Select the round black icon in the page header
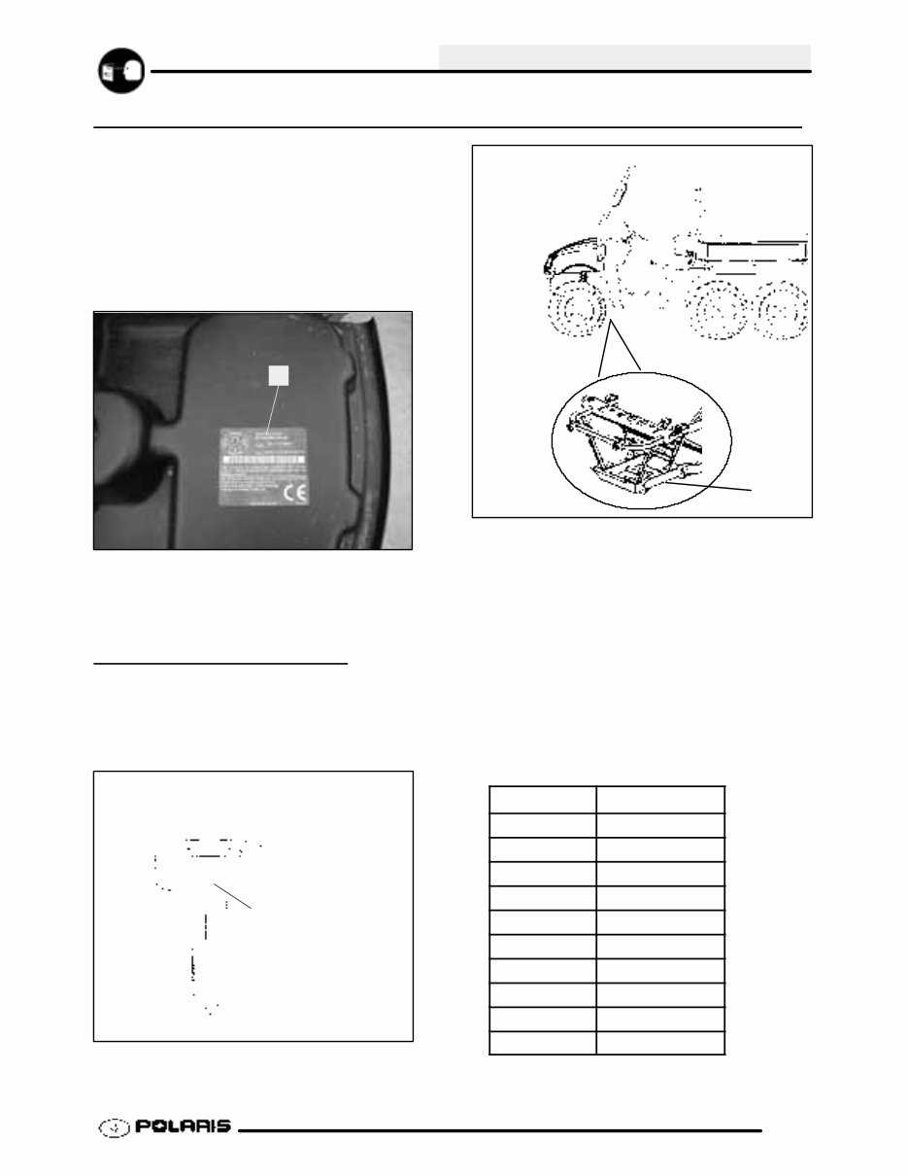pos(121,71)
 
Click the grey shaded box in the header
pos(623,56)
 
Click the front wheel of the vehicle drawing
pos(578,313)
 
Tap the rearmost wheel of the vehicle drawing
pos(783,314)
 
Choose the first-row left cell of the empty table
pos(542,799)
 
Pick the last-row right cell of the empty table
pos(660,1043)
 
